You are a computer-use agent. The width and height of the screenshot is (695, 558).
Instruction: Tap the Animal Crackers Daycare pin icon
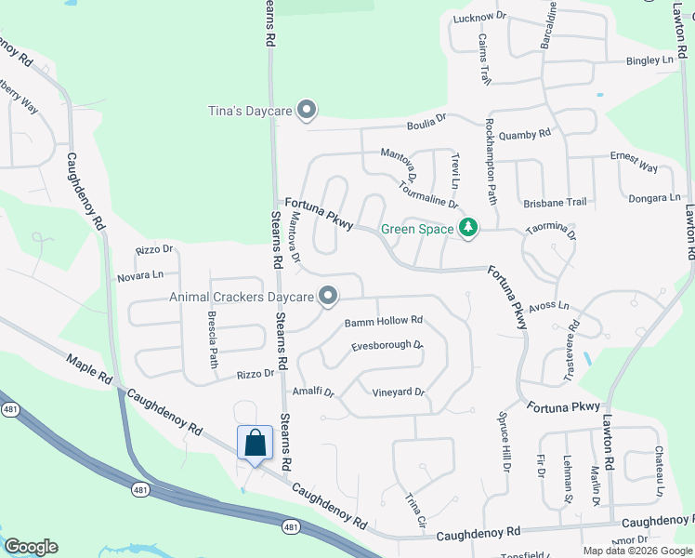tap(328, 297)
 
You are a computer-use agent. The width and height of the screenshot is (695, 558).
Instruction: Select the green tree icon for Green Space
tap(469, 228)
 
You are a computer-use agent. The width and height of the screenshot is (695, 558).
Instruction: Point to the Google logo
tap(31, 547)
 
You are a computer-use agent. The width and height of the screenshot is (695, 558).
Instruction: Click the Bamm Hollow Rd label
tap(384, 321)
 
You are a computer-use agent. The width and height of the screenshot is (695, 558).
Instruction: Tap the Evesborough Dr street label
tap(387, 347)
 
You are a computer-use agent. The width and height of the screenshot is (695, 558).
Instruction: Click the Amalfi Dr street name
tap(312, 392)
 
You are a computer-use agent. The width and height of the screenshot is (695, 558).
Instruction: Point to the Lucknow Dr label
tap(479, 18)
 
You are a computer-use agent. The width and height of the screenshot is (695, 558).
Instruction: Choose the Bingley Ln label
tap(649, 60)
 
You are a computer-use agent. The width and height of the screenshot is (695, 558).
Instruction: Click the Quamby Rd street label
tap(525, 134)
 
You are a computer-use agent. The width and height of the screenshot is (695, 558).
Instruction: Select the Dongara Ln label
tap(655, 197)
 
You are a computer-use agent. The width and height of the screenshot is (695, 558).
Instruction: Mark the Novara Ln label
tap(139, 276)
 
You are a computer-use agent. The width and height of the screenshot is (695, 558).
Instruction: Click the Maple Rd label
tap(90, 369)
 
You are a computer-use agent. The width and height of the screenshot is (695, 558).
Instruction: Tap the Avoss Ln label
tap(548, 305)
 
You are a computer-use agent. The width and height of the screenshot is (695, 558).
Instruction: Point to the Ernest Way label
tap(634, 162)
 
